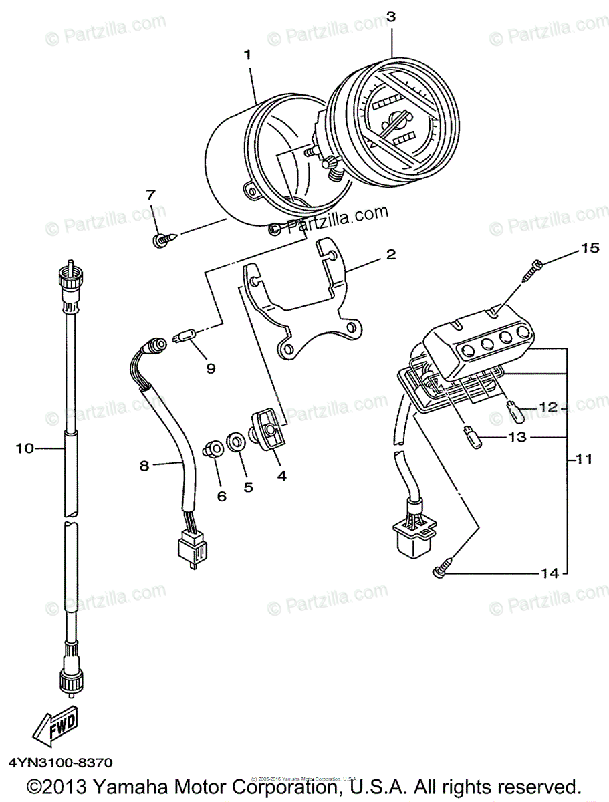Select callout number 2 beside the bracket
(390, 255)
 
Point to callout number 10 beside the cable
(25, 449)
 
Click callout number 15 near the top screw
(589, 249)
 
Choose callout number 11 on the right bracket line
(585, 459)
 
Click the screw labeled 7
(162, 239)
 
